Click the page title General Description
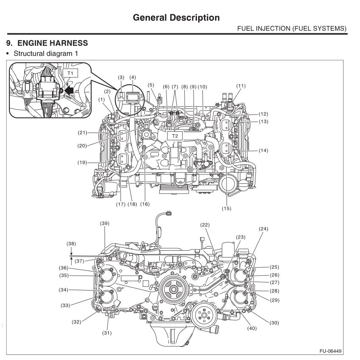pos(176,17)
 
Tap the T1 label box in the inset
pos(71,73)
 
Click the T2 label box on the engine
pos(174,136)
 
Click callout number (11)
pos(241,86)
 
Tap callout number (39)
pos(105,223)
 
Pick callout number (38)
pos(71,244)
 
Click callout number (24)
pos(264,229)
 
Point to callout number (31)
pos(106,333)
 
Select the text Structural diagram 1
pos(45,54)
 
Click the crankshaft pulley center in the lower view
pos(172,291)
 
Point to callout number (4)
pos(133,78)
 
